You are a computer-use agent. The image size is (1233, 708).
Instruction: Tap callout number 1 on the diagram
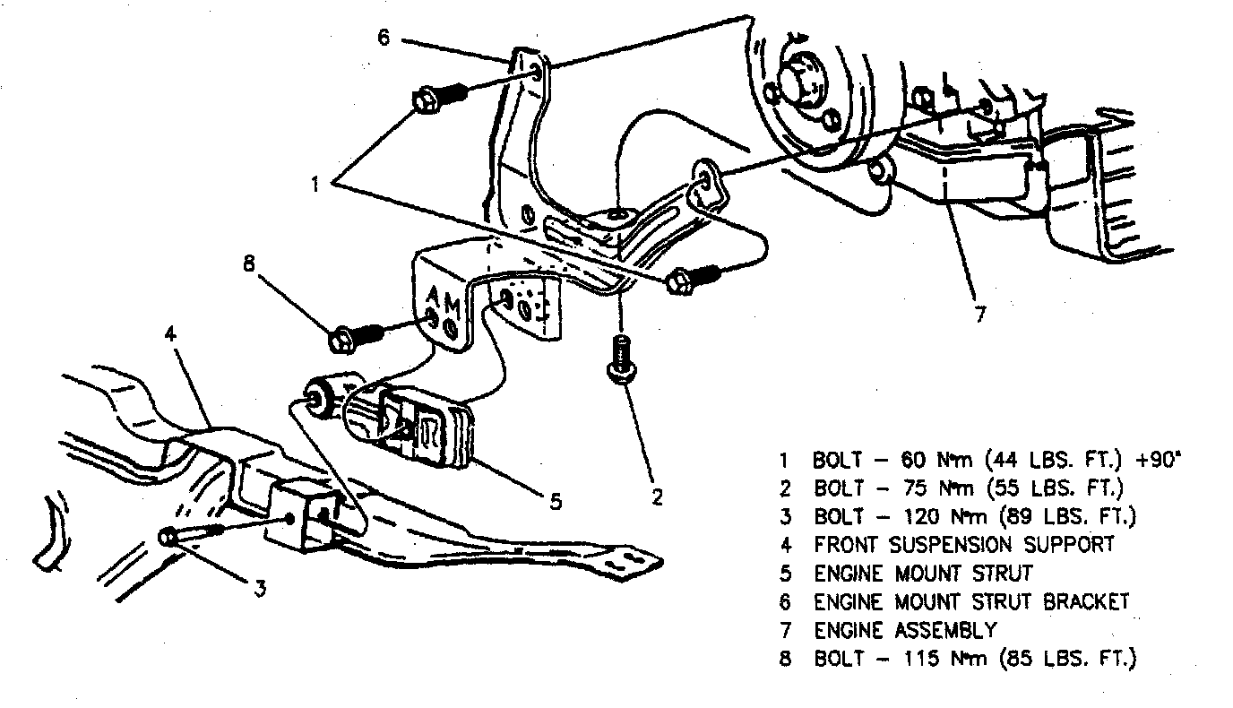pos(315,185)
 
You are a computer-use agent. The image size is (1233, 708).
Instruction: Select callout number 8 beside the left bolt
pos(249,264)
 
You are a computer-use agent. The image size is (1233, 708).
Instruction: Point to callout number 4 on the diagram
pos(171,334)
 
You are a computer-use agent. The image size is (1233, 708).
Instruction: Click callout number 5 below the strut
pos(556,502)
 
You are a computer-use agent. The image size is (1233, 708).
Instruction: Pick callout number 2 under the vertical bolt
pos(657,496)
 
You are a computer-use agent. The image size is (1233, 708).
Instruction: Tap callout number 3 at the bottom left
pos(260,588)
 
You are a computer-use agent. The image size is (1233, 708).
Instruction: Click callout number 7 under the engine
pos(979,315)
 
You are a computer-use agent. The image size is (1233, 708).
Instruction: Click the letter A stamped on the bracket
pos(433,297)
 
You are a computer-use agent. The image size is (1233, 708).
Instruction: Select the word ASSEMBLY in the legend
pos(942,630)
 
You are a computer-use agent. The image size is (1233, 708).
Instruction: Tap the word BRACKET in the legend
pos(1085,601)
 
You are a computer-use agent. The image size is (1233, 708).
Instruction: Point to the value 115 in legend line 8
pos(907,659)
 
